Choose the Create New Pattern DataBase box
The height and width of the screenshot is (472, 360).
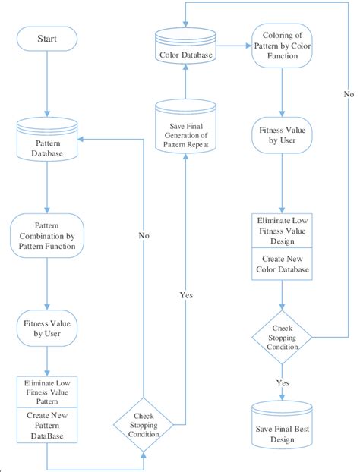pos(47,426)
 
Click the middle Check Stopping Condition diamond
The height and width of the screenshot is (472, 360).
pos(144,420)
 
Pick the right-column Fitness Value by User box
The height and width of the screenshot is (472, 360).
pos(282,135)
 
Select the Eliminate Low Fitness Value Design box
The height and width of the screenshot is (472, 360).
pos(282,231)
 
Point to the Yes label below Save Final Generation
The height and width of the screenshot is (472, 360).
pos(185,294)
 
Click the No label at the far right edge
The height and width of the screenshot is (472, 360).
pos(349,95)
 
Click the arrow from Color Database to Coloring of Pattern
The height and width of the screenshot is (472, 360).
pos(233,45)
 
